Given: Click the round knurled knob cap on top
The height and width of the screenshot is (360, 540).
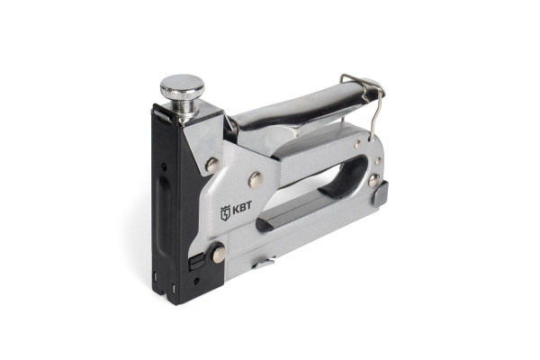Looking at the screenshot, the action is (x=182, y=85).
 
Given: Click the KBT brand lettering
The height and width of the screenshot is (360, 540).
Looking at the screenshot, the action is (x=242, y=208).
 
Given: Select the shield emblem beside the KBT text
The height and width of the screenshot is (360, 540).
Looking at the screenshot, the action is (x=225, y=213).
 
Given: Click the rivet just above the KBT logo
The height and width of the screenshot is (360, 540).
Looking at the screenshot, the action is (x=256, y=180).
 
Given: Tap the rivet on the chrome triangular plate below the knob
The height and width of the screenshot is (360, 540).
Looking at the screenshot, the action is (x=212, y=165).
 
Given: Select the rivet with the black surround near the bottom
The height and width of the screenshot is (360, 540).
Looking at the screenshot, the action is (x=219, y=255).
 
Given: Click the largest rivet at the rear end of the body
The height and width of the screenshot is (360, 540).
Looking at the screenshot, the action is (x=373, y=180).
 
